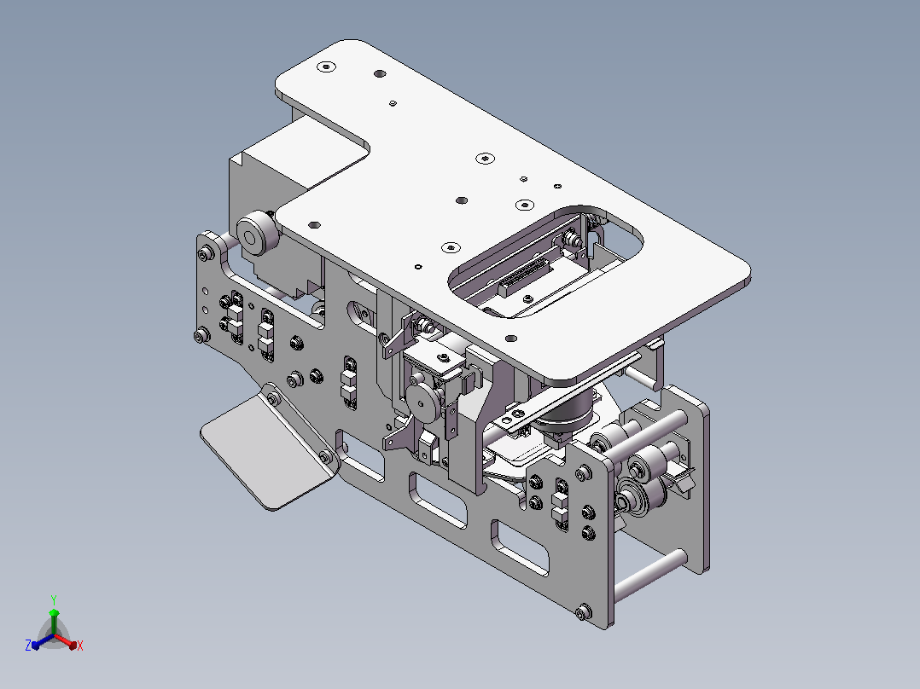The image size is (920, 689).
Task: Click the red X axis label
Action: [80, 646]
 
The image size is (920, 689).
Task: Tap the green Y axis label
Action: [54, 599]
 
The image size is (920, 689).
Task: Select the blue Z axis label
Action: [28, 645]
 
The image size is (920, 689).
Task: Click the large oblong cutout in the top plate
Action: [545, 261]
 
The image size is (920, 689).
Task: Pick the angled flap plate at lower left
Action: [269, 449]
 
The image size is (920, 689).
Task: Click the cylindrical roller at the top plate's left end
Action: [258, 234]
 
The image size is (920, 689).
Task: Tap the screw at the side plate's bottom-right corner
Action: [583, 613]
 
